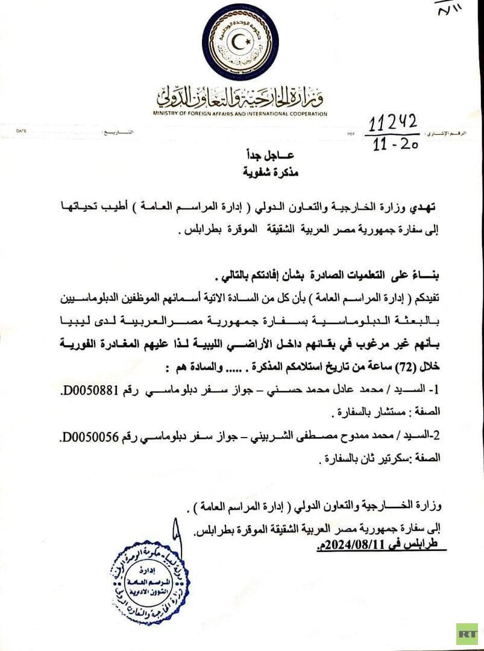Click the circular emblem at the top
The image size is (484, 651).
(240, 42)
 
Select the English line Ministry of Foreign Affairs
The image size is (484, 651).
(240, 113)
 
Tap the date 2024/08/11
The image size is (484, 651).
(352, 547)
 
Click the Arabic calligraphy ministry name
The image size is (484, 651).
(240, 96)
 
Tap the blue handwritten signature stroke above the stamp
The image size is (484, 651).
(175, 536)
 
